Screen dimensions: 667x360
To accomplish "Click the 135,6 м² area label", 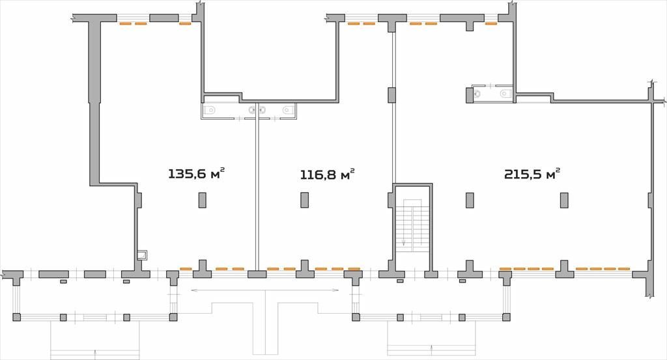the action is tap(197, 174).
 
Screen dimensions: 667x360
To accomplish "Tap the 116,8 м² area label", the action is tap(328, 174).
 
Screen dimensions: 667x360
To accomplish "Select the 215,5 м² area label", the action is tap(532, 174).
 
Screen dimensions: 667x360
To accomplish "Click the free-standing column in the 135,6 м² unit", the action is tap(203, 200).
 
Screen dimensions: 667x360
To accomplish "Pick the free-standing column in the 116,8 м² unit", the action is tap(305, 200).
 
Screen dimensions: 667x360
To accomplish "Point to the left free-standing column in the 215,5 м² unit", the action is tap(470, 201).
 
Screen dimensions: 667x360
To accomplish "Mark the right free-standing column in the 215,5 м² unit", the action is tap(564, 201).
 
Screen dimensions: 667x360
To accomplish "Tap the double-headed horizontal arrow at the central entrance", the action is tap(265, 290).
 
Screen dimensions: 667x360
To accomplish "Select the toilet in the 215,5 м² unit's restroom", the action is tap(505, 93).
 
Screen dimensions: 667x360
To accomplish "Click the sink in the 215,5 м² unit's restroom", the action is tap(477, 93).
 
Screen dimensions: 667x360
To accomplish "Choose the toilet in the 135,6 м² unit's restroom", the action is tap(209, 111).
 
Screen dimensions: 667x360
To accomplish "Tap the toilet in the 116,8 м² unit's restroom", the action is tap(288, 111).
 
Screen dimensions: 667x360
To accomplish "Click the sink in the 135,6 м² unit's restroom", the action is tap(252, 111).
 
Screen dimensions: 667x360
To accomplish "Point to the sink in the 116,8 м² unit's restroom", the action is tap(263, 111).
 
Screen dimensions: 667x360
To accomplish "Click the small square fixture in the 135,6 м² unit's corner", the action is tap(142, 255).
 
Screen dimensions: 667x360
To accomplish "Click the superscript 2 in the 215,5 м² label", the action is tap(558, 169).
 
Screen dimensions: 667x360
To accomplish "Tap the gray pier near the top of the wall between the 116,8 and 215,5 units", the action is tap(391, 95).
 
